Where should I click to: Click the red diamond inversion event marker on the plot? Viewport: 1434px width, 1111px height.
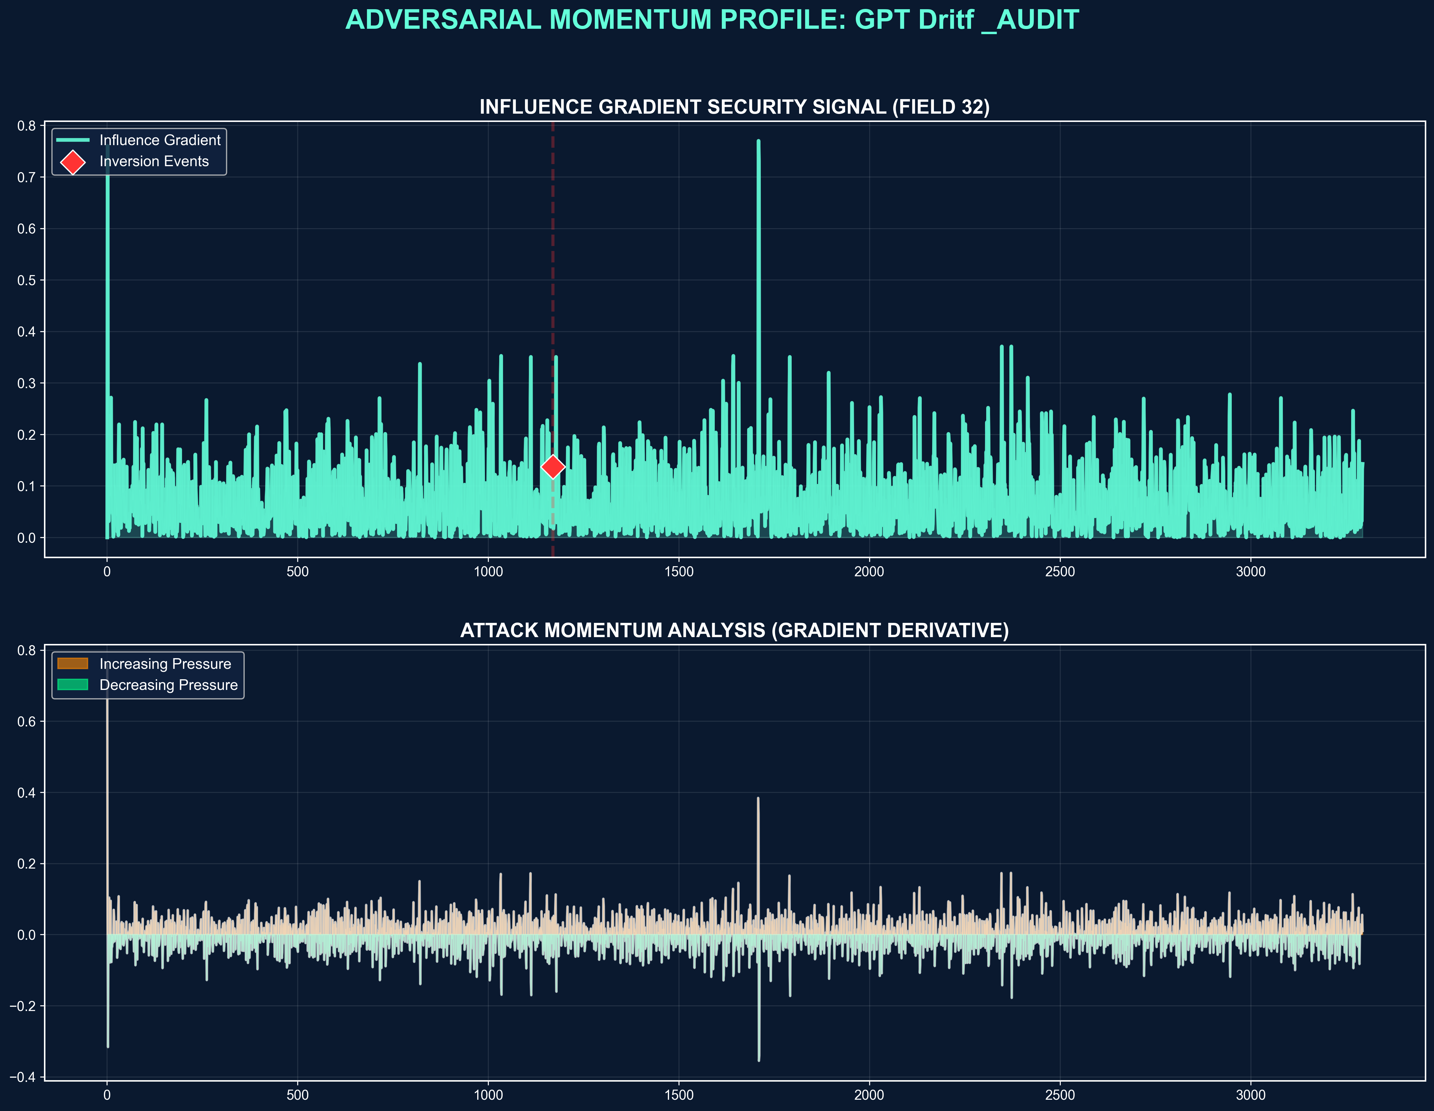[553, 466]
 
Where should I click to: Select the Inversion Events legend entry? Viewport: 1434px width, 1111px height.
[154, 161]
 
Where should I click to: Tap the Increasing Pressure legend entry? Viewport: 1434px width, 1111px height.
[165, 664]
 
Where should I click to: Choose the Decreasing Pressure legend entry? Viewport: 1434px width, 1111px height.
[168, 685]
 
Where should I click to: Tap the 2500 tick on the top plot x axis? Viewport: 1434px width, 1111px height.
[1060, 572]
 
